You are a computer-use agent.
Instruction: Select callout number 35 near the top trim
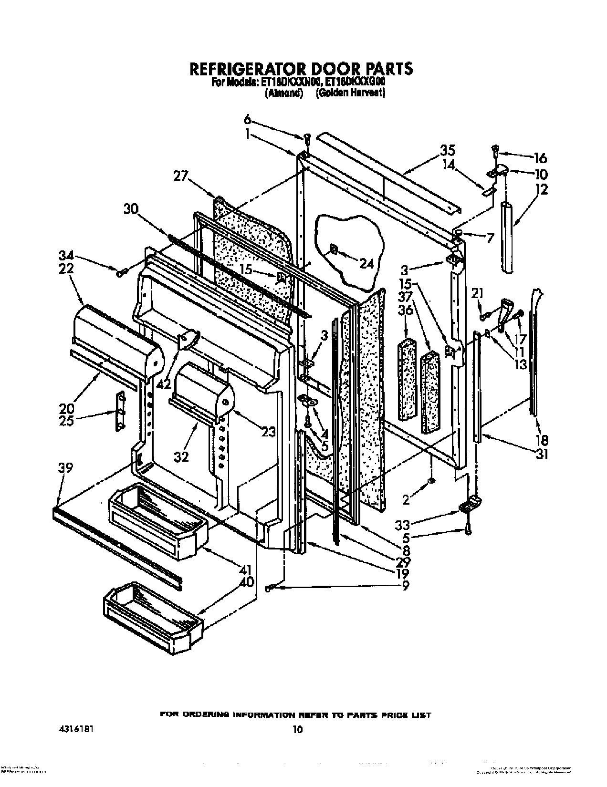coord(448,150)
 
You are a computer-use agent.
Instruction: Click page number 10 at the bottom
coord(297,728)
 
